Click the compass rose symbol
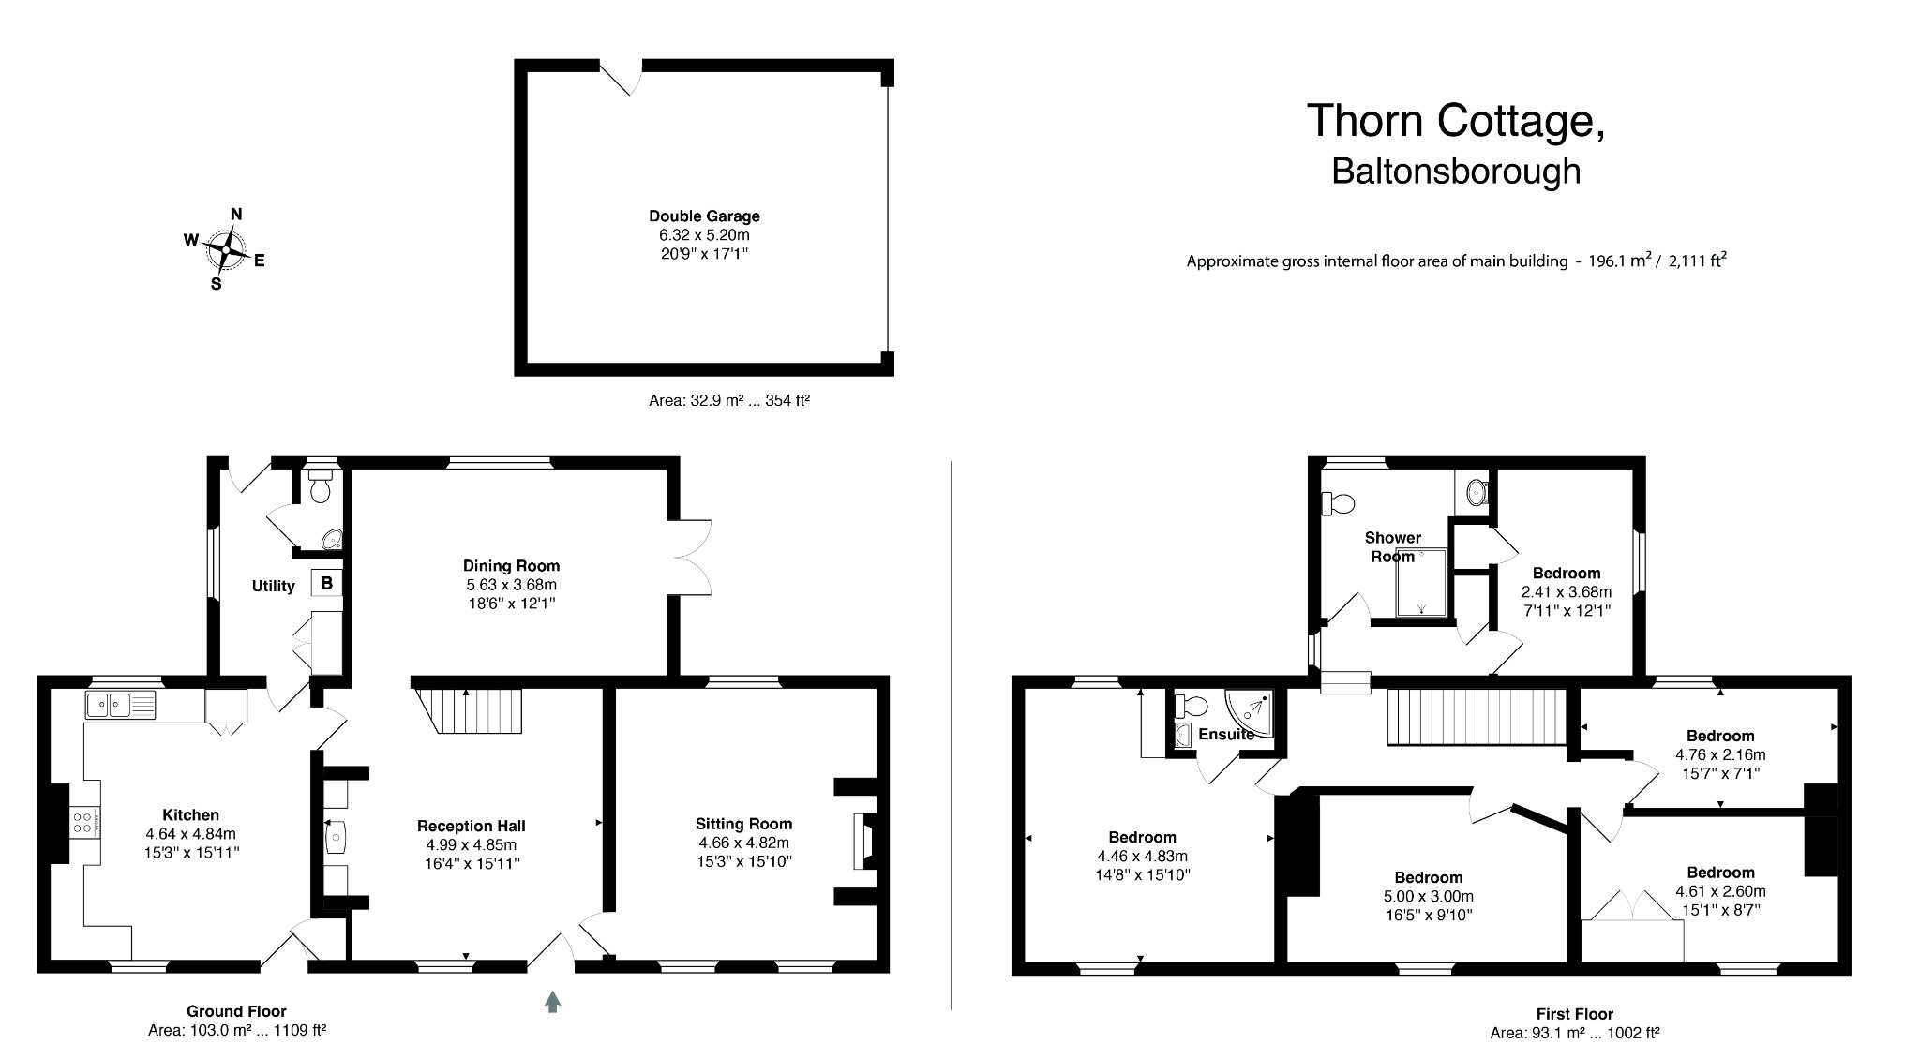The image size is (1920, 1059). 226,250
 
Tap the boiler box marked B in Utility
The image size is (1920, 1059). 326,584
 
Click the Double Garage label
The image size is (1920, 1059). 704,216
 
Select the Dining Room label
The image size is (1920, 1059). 511,566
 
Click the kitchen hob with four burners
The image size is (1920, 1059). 82,822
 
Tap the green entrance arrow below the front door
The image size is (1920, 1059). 552,1002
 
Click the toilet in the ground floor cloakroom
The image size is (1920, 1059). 321,485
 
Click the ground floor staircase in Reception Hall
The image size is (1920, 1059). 467,711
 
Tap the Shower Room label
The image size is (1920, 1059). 1392,547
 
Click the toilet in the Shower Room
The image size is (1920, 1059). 1338,504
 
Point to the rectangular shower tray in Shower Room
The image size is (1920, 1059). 1422,583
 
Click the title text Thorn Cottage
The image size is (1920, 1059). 1455,121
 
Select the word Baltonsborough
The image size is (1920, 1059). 1456,172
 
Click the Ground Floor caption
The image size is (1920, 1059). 236,1011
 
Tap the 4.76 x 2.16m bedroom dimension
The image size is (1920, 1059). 1720,754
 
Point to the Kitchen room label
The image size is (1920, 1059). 190,815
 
